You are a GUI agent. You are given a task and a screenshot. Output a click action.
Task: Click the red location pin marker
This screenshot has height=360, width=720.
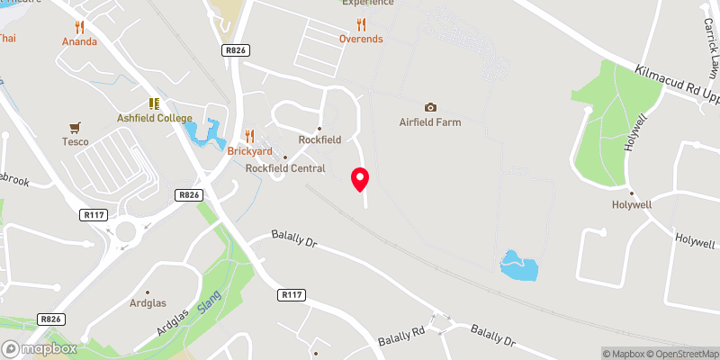click(x=360, y=178)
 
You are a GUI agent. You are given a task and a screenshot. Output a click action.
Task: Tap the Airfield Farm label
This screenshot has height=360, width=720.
click(x=430, y=122)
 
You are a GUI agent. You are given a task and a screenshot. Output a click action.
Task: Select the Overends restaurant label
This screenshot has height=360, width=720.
click(x=361, y=39)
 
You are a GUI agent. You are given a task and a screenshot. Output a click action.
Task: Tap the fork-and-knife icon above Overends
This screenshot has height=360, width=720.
click(x=361, y=24)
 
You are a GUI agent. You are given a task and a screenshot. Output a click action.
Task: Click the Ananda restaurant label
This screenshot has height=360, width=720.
click(x=79, y=41)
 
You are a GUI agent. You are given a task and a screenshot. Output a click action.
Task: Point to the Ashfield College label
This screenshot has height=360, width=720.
click(x=155, y=119)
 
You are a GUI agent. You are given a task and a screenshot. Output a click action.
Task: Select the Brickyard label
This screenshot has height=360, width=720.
click(x=249, y=151)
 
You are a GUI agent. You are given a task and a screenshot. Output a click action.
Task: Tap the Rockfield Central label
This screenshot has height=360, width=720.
click(x=285, y=168)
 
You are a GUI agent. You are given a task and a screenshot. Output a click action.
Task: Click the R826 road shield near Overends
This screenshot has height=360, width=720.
click(x=235, y=52)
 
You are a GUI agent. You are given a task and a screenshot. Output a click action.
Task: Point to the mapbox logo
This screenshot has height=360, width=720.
click(x=40, y=348)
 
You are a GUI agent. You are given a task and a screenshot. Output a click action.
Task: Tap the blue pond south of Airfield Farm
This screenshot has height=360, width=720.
click(x=519, y=265)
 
